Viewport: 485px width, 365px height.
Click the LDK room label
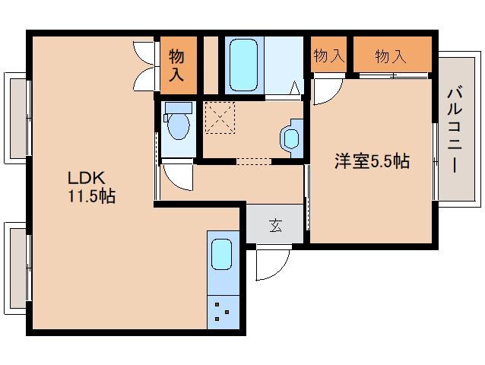(x=85, y=179)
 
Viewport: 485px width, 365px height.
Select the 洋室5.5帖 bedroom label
(x=372, y=161)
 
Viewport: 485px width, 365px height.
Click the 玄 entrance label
(x=274, y=224)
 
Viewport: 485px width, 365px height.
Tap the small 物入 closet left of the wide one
(x=328, y=56)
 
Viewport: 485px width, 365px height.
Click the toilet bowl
(x=178, y=125)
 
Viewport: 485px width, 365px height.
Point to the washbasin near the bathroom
(x=291, y=138)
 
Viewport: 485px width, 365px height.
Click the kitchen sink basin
(x=221, y=253)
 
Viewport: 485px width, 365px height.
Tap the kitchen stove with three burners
(x=223, y=311)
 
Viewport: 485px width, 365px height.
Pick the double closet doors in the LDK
(x=146, y=62)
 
